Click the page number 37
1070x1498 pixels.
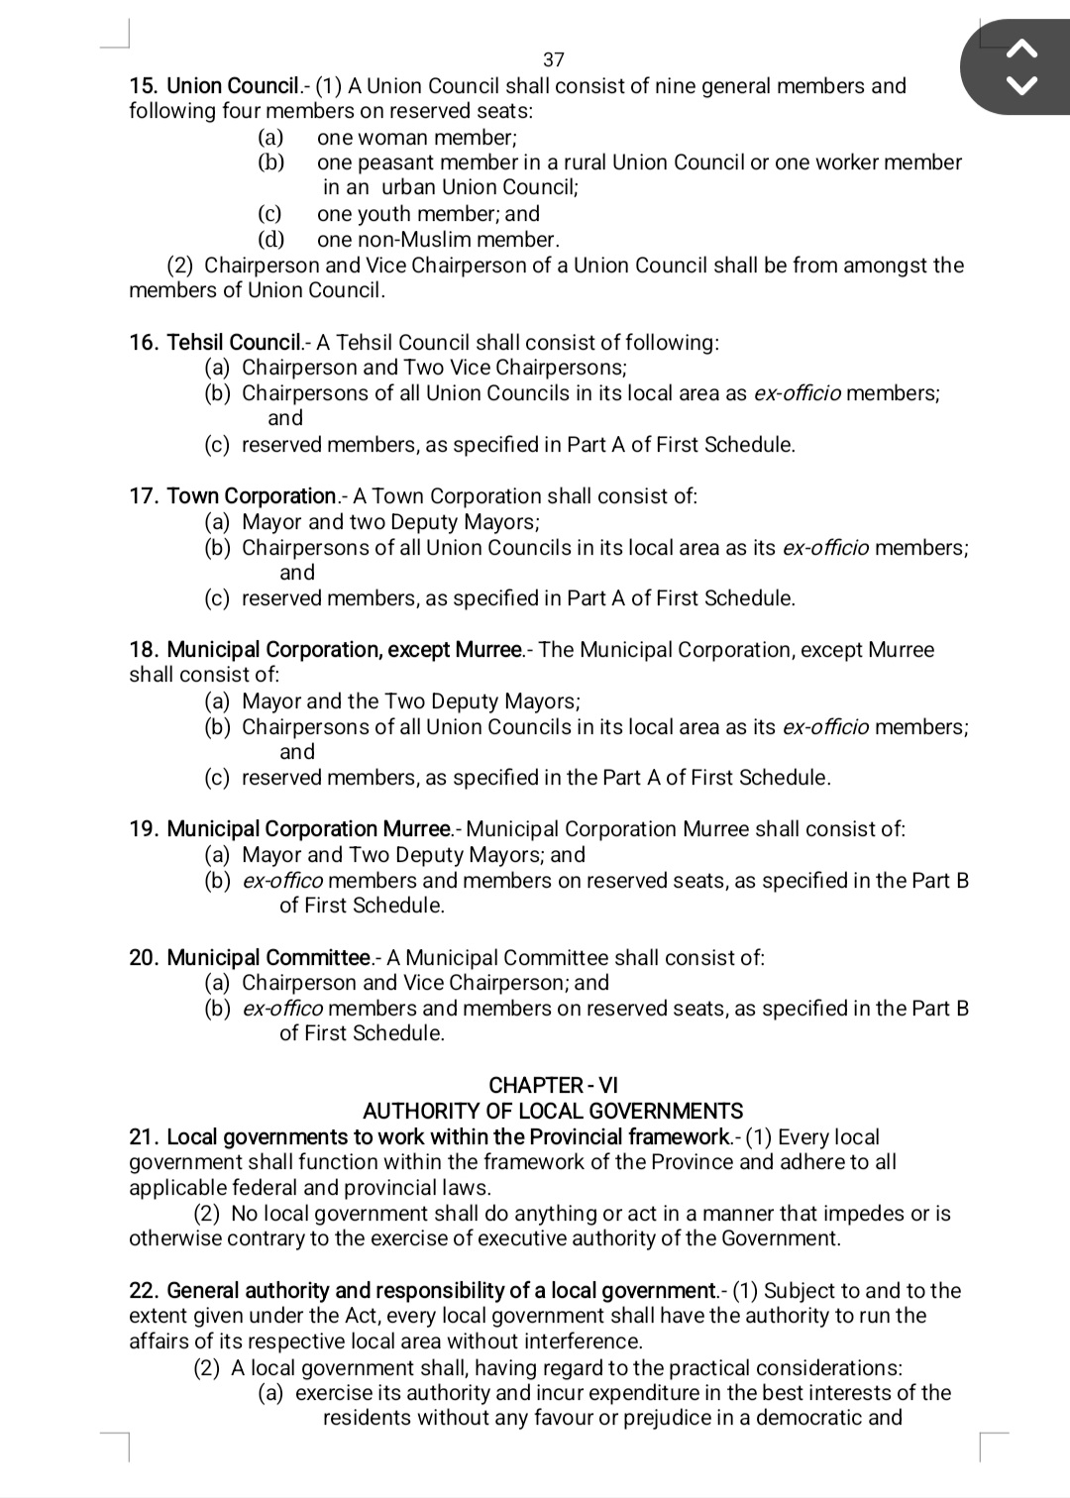pyautogui.click(x=554, y=59)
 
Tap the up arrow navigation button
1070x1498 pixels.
pyautogui.click(x=1022, y=47)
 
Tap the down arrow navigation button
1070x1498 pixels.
pyautogui.click(x=1022, y=85)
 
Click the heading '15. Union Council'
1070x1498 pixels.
pyautogui.click(x=214, y=86)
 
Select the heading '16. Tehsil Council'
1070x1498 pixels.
pyautogui.click(x=215, y=343)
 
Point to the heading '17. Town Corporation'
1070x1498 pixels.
pyautogui.click(x=233, y=496)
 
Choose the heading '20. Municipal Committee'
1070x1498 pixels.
pyautogui.click(x=250, y=958)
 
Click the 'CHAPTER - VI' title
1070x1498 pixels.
pyautogui.click(x=553, y=1086)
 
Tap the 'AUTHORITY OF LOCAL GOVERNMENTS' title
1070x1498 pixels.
pyautogui.click(x=553, y=1112)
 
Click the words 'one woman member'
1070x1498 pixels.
pyautogui.click(x=415, y=138)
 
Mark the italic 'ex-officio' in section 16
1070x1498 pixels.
pyautogui.click(x=798, y=393)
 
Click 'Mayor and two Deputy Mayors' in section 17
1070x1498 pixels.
pyautogui.click(x=389, y=522)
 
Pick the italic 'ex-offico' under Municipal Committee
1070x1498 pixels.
pyautogui.click(x=282, y=1009)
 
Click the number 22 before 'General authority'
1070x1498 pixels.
pyautogui.click(x=144, y=1291)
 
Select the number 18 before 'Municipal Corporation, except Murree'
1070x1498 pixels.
pyautogui.click(x=144, y=651)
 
